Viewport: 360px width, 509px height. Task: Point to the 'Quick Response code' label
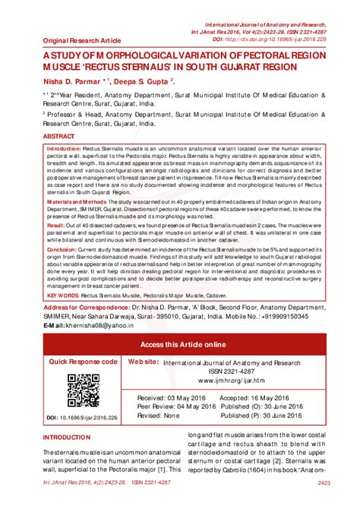coord(83,362)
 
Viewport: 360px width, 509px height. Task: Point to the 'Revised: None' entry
coord(158,416)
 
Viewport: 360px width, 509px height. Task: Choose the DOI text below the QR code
coord(84,417)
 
